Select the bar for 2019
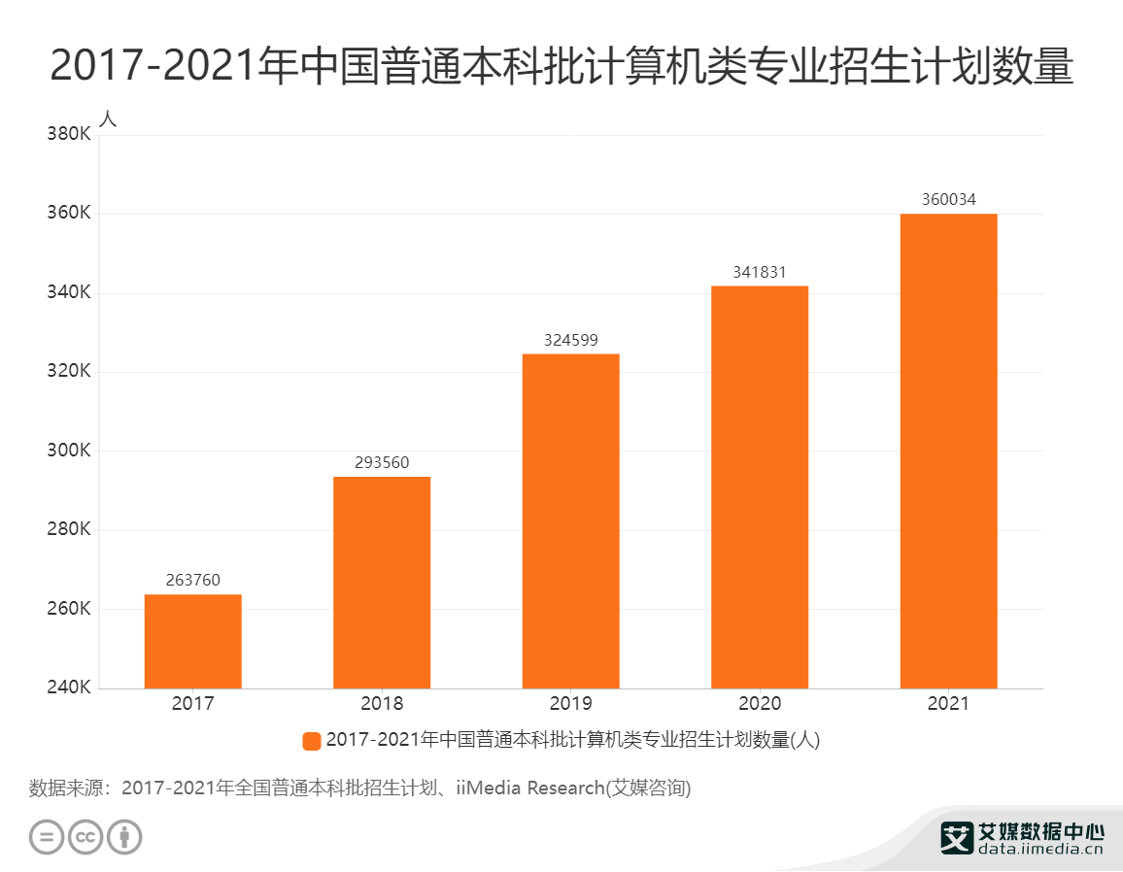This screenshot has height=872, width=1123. pyautogui.click(x=570, y=520)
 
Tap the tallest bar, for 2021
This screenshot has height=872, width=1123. pyautogui.click(x=948, y=451)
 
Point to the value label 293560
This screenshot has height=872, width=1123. pyautogui.click(x=381, y=463)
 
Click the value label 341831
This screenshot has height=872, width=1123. pyautogui.click(x=759, y=273)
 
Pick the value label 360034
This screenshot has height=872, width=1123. pyautogui.click(x=948, y=200)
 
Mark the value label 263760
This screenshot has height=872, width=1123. pyautogui.click(x=192, y=581)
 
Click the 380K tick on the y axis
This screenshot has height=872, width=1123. pyautogui.click(x=69, y=134)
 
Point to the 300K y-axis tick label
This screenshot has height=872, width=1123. pyautogui.click(x=69, y=451)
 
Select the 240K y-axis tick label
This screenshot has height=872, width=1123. pyautogui.click(x=69, y=688)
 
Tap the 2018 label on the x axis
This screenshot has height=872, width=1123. pyautogui.click(x=381, y=704)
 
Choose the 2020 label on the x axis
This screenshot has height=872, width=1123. pyautogui.click(x=759, y=704)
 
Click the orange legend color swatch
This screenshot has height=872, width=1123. pyautogui.click(x=312, y=741)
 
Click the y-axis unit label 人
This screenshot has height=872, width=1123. pyautogui.click(x=108, y=118)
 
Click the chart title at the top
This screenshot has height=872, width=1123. pyautogui.click(x=561, y=66)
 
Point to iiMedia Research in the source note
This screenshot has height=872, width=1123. pyautogui.click(x=529, y=788)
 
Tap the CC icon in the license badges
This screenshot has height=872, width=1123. pyautogui.click(x=85, y=836)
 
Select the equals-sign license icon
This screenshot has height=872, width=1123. pyautogui.click(x=46, y=836)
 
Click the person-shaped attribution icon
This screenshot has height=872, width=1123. pyautogui.click(x=124, y=836)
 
